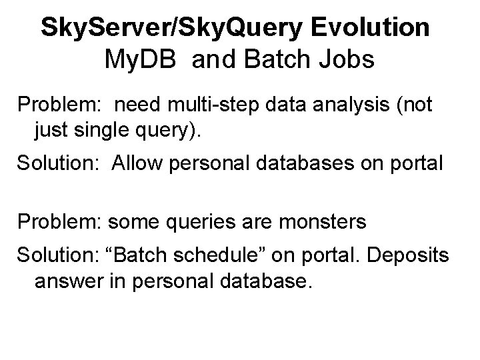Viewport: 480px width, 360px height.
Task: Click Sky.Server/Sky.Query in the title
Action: (x=167, y=28)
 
